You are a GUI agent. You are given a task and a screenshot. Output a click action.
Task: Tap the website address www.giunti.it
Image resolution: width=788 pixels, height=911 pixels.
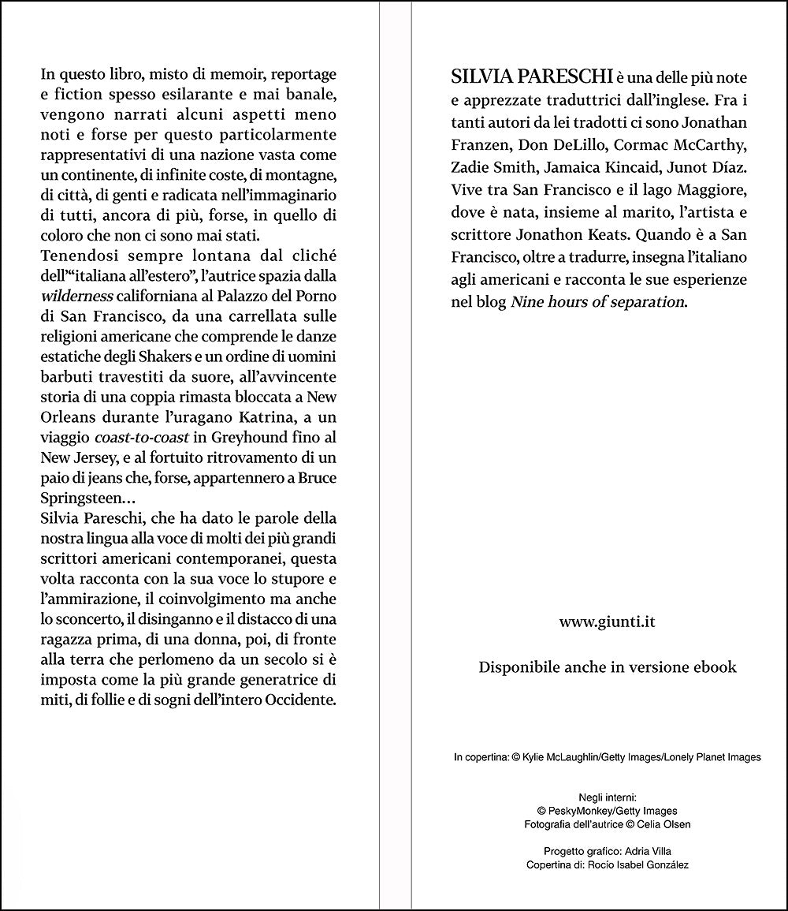(608, 622)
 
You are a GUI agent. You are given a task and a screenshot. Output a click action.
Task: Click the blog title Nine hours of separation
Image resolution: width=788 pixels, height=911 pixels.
(597, 302)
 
